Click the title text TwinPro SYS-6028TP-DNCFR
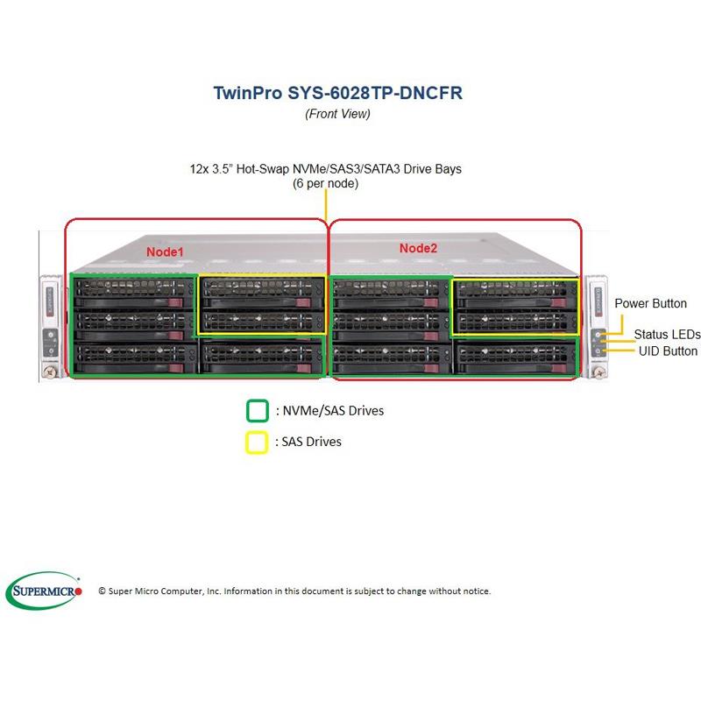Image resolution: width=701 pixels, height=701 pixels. point(337,94)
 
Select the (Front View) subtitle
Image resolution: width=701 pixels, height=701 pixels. point(337,114)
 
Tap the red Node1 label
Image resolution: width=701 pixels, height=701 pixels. point(165,251)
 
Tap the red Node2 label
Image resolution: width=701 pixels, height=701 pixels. point(418,248)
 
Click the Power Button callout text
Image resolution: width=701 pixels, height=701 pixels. point(650,304)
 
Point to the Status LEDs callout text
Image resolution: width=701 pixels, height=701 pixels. point(668,335)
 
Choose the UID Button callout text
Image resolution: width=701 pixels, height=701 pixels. point(668,351)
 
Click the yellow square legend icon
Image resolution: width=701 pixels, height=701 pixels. point(257,443)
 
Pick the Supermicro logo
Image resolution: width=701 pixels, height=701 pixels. point(45,591)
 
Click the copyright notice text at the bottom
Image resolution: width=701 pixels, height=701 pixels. point(294,591)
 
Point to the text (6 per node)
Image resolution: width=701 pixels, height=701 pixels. point(325,184)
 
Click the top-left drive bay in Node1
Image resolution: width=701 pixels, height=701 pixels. point(134,292)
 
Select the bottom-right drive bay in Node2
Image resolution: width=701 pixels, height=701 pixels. point(516,355)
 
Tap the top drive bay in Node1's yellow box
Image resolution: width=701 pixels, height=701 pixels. point(262,292)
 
